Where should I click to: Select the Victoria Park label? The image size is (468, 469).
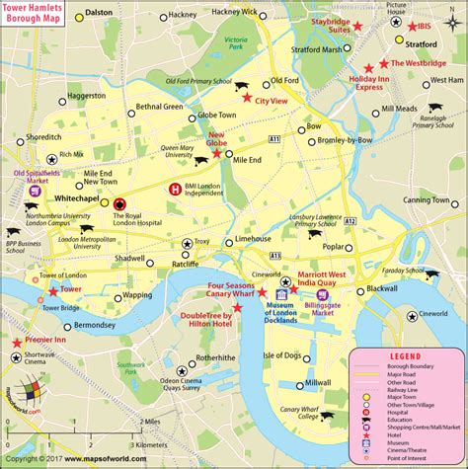tap(235, 44)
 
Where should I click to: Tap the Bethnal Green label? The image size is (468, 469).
tap(159, 106)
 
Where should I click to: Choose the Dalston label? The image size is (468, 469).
tap(98, 13)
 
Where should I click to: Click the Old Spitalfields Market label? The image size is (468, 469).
tap(30, 178)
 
